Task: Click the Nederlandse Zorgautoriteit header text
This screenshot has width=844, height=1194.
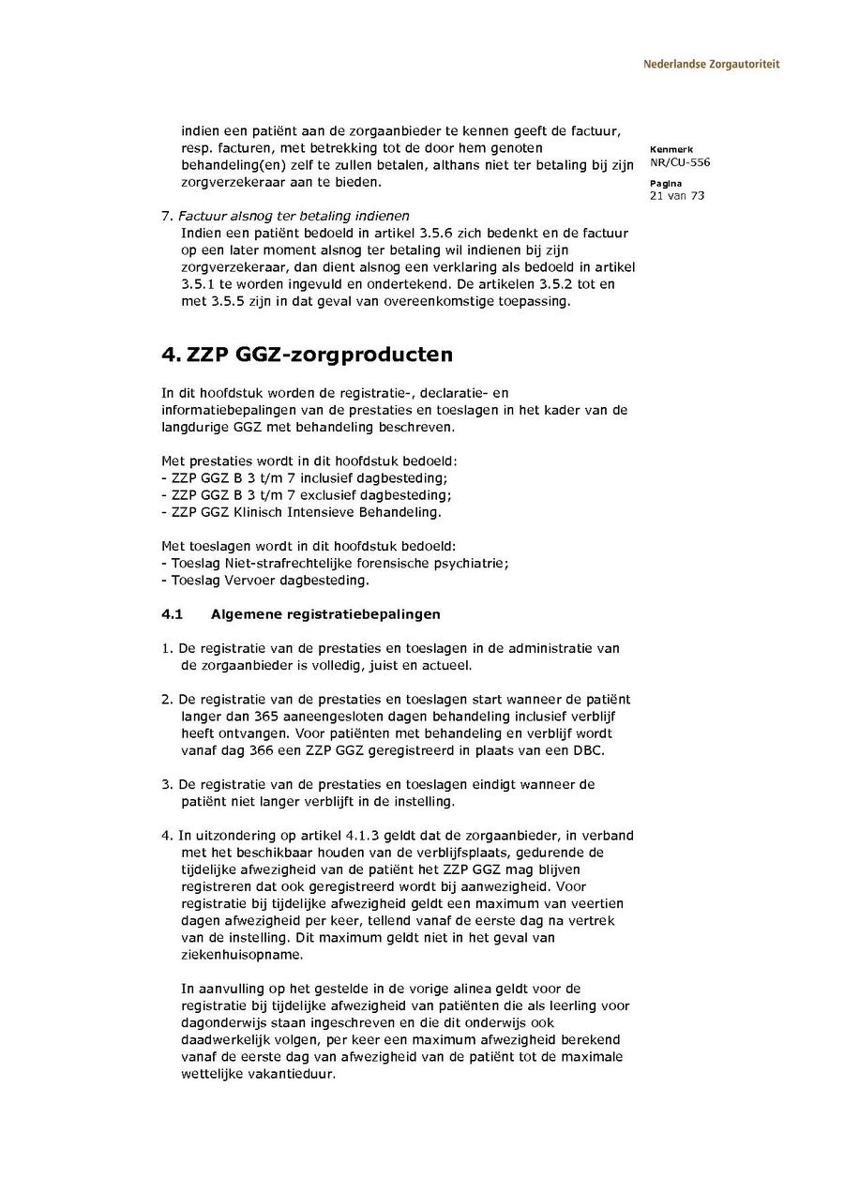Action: pyautogui.click(x=711, y=65)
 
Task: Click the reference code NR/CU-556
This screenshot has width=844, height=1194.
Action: pyautogui.click(x=679, y=162)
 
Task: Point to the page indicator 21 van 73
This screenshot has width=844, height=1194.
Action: pyautogui.click(x=676, y=196)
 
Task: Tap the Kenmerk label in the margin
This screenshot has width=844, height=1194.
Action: pyautogui.click(x=671, y=149)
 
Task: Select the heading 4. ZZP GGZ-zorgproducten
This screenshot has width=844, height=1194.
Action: pyautogui.click(x=307, y=355)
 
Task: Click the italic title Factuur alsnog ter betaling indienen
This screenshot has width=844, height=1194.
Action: pyautogui.click(x=294, y=216)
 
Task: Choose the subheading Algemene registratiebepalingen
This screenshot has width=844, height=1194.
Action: pyautogui.click(x=325, y=614)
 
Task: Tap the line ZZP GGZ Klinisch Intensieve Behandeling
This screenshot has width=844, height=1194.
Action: pyautogui.click(x=300, y=512)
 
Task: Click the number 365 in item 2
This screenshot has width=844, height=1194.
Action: pyautogui.click(x=253, y=717)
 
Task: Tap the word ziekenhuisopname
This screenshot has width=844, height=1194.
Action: pyautogui.click(x=242, y=955)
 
